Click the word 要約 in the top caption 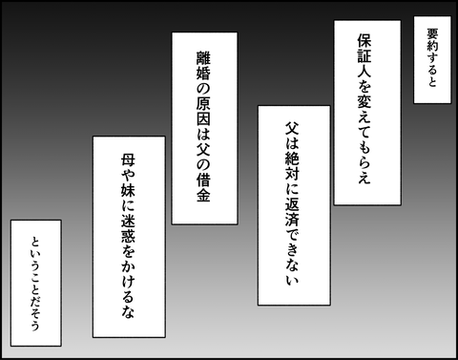tap(432, 40)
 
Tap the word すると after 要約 tap(432, 70)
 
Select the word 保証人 tap(364, 55)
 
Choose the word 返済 tap(292, 211)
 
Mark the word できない tap(292, 256)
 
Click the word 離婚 tap(203, 66)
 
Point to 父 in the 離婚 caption tap(203, 149)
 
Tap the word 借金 tap(203, 187)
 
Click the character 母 tap(128, 160)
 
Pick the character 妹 tap(128, 190)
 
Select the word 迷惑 tap(128, 228)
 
